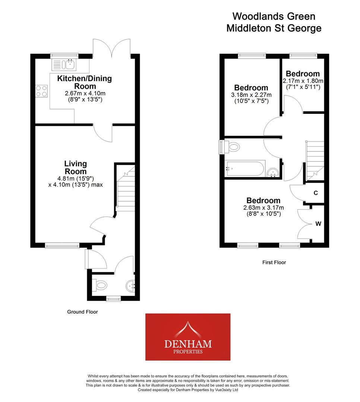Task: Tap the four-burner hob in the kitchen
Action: [41, 91]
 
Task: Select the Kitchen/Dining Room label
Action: [84, 82]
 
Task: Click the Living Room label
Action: [75, 167]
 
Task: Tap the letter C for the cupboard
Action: [316, 193]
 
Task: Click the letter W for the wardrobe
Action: [318, 224]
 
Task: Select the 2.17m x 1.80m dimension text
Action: [303, 81]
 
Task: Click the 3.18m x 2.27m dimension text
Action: [251, 95]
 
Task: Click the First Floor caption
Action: [274, 262]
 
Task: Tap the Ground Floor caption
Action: [82, 312]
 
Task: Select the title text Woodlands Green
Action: [274, 16]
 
